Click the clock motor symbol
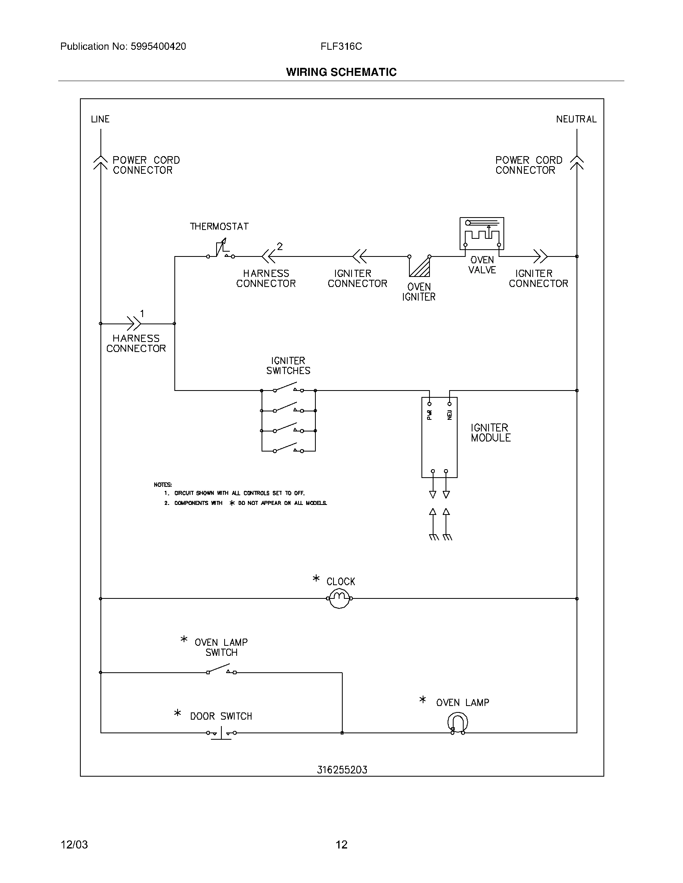[339, 599]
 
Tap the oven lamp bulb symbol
[458, 722]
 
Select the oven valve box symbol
[481, 233]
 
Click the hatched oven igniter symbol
[420, 267]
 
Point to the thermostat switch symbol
[221, 250]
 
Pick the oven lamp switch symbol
[221, 669]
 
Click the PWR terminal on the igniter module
[429, 404]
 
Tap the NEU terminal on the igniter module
[450, 404]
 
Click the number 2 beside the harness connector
[280, 246]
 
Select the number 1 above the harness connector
[142, 313]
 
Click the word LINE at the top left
[100, 119]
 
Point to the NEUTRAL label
[576, 119]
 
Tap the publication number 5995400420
[158, 47]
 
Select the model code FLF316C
[341, 47]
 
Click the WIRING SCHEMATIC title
[341, 72]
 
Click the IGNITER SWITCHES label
[288, 366]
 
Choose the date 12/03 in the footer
[74, 844]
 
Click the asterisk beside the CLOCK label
[316, 579]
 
